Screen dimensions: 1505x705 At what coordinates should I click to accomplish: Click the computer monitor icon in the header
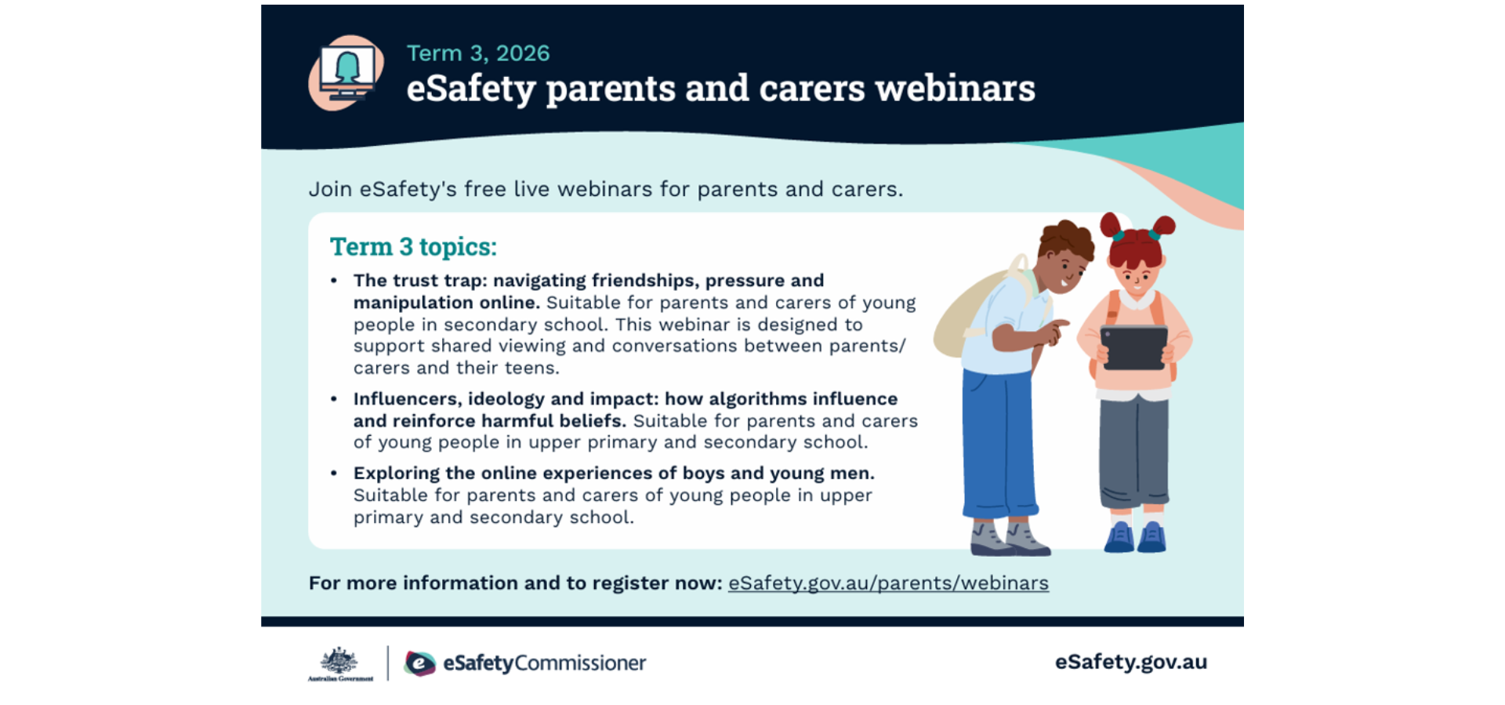(x=346, y=73)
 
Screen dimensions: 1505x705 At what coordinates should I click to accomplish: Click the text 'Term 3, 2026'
(x=478, y=53)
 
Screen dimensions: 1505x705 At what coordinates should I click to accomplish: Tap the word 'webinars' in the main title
(x=955, y=88)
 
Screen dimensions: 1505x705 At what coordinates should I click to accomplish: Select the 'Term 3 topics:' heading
(x=413, y=247)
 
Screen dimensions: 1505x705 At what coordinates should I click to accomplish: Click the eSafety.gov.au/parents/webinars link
(x=888, y=583)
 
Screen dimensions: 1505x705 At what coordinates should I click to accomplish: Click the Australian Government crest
(x=340, y=663)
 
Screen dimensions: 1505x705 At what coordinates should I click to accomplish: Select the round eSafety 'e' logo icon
(x=420, y=663)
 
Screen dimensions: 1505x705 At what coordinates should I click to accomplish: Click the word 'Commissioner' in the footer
(x=580, y=663)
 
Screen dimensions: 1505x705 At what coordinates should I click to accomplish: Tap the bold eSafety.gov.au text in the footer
(x=1130, y=663)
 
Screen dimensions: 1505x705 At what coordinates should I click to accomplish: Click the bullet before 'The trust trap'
(x=334, y=280)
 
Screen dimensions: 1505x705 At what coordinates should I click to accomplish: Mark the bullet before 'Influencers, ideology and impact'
(x=334, y=398)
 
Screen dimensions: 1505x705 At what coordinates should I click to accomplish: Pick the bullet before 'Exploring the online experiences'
(x=334, y=473)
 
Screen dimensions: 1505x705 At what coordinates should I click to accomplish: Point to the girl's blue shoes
(x=1135, y=537)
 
